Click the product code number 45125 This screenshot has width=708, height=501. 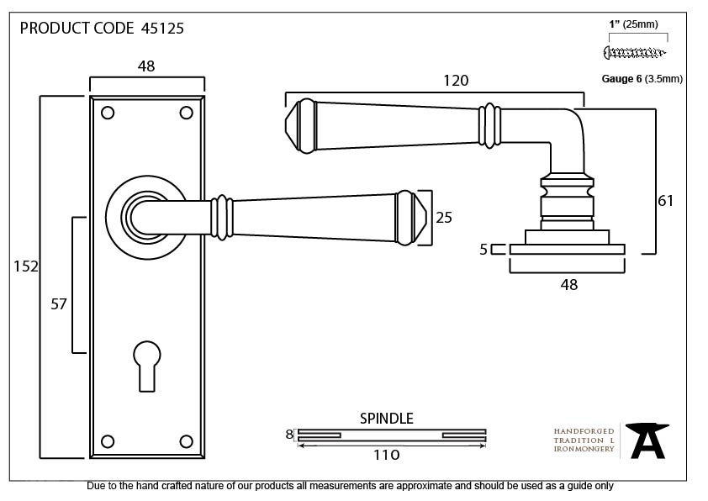(x=162, y=29)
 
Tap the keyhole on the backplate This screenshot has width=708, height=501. (x=147, y=366)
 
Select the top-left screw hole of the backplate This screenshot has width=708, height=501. (x=108, y=113)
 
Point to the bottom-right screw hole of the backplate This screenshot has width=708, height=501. (x=186, y=441)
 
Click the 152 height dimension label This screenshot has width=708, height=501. (x=26, y=266)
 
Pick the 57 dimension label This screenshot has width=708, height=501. (x=59, y=304)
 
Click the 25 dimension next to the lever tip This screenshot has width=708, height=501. (x=444, y=218)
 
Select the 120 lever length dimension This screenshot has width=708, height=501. (x=456, y=81)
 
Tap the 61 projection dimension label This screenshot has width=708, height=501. (x=666, y=200)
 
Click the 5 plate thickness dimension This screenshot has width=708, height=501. (x=483, y=249)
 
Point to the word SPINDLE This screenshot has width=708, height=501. (x=387, y=419)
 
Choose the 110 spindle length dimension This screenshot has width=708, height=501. (x=387, y=455)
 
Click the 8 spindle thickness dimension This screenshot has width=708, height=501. (x=289, y=435)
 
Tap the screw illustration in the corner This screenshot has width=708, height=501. (x=635, y=53)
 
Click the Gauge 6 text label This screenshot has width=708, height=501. (x=621, y=79)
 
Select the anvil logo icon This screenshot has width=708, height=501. (x=647, y=440)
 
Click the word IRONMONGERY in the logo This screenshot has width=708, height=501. (x=584, y=449)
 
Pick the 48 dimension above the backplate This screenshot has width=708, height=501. (x=146, y=66)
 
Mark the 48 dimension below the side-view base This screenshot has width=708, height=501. (x=569, y=285)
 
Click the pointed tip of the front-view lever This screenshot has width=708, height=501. (x=426, y=218)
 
